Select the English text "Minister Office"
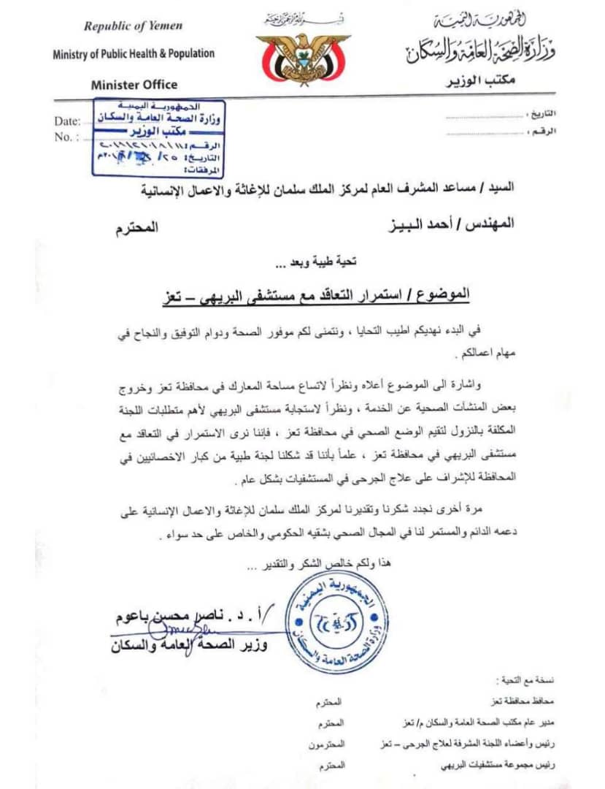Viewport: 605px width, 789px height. click(x=134, y=85)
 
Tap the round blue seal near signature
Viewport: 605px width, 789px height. click(x=336, y=622)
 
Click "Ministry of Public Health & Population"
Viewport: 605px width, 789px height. click(x=134, y=53)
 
